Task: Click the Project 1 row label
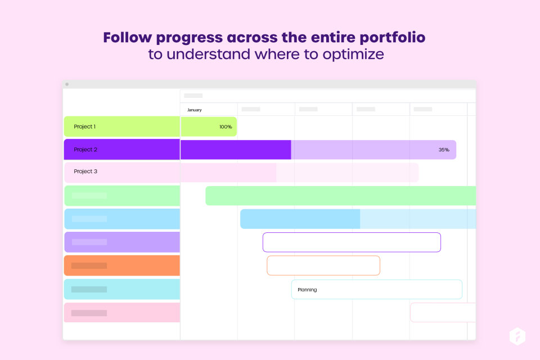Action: click(84, 127)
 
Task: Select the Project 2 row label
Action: click(85, 150)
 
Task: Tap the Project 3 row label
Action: click(85, 171)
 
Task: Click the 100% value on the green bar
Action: click(226, 127)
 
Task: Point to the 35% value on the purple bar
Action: click(444, 150)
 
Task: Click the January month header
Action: click(194, 110)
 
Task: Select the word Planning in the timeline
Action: click(307, 290)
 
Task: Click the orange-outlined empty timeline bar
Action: click(323, 256)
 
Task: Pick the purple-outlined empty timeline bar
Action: click(352, 233)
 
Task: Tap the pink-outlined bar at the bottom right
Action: click(443, 304)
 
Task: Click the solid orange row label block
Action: click(122, 265)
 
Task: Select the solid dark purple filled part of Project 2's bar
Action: click(236, 150)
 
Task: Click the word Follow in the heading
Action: click(128, 37)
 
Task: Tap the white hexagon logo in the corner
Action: click(517, 336)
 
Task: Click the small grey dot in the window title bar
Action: click(67, 84)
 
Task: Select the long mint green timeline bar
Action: click(341, 196)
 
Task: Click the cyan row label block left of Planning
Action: click(122, 289)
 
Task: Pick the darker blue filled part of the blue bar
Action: click(300, 219)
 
